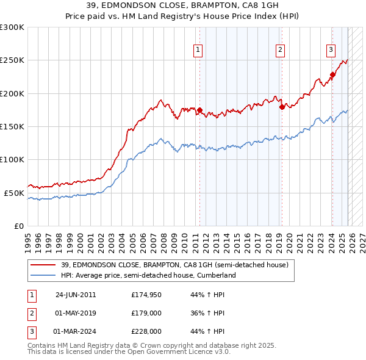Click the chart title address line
[x=183, y=5]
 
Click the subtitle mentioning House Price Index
[x=183, y=16]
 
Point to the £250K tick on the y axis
[x=12, y=60]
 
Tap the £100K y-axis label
[x=12, y=159]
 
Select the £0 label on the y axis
[x=18, y=226]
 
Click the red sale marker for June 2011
[x=199, y=110]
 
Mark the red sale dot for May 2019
[x=281, y=107]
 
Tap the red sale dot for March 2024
[x=332, y=75]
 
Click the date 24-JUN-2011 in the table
[x=75, y=294]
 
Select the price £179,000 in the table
[x=147, y=313]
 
